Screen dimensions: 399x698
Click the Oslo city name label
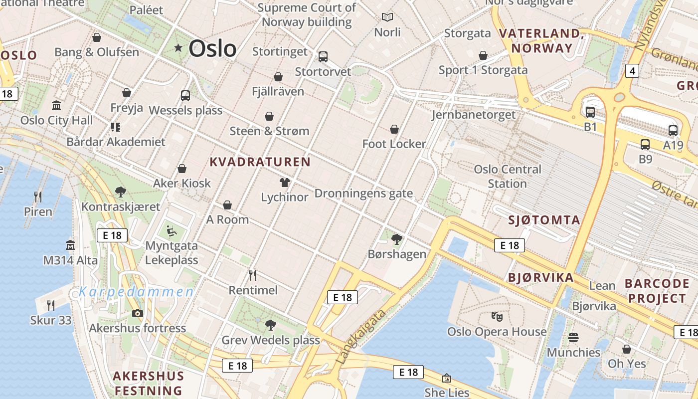[212, 48]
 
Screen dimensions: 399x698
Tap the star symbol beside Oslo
[178, 48]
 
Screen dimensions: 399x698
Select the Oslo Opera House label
[497, 332]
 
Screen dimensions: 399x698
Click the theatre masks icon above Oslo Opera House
[497, 316]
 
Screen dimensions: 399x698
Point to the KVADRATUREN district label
[260, 162]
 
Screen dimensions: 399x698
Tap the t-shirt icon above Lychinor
[285, 183]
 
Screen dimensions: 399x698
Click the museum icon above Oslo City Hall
[56, 106]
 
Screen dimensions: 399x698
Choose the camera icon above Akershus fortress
[137, 313]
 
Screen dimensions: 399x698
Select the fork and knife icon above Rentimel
[253, 275]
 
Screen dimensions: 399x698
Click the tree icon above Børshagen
[397, 239]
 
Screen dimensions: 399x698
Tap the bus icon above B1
[590, 112]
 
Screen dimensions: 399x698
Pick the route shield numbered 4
[633, 71]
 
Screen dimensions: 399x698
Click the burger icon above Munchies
[573, 338]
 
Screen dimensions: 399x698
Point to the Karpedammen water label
[136, 292]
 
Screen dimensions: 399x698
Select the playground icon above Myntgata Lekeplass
[171, 231]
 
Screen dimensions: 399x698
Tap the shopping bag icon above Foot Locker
[394, 129]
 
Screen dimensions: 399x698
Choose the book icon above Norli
[387, 17]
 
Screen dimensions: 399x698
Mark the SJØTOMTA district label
[544, 220]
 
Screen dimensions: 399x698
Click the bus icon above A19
[673, 131]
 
